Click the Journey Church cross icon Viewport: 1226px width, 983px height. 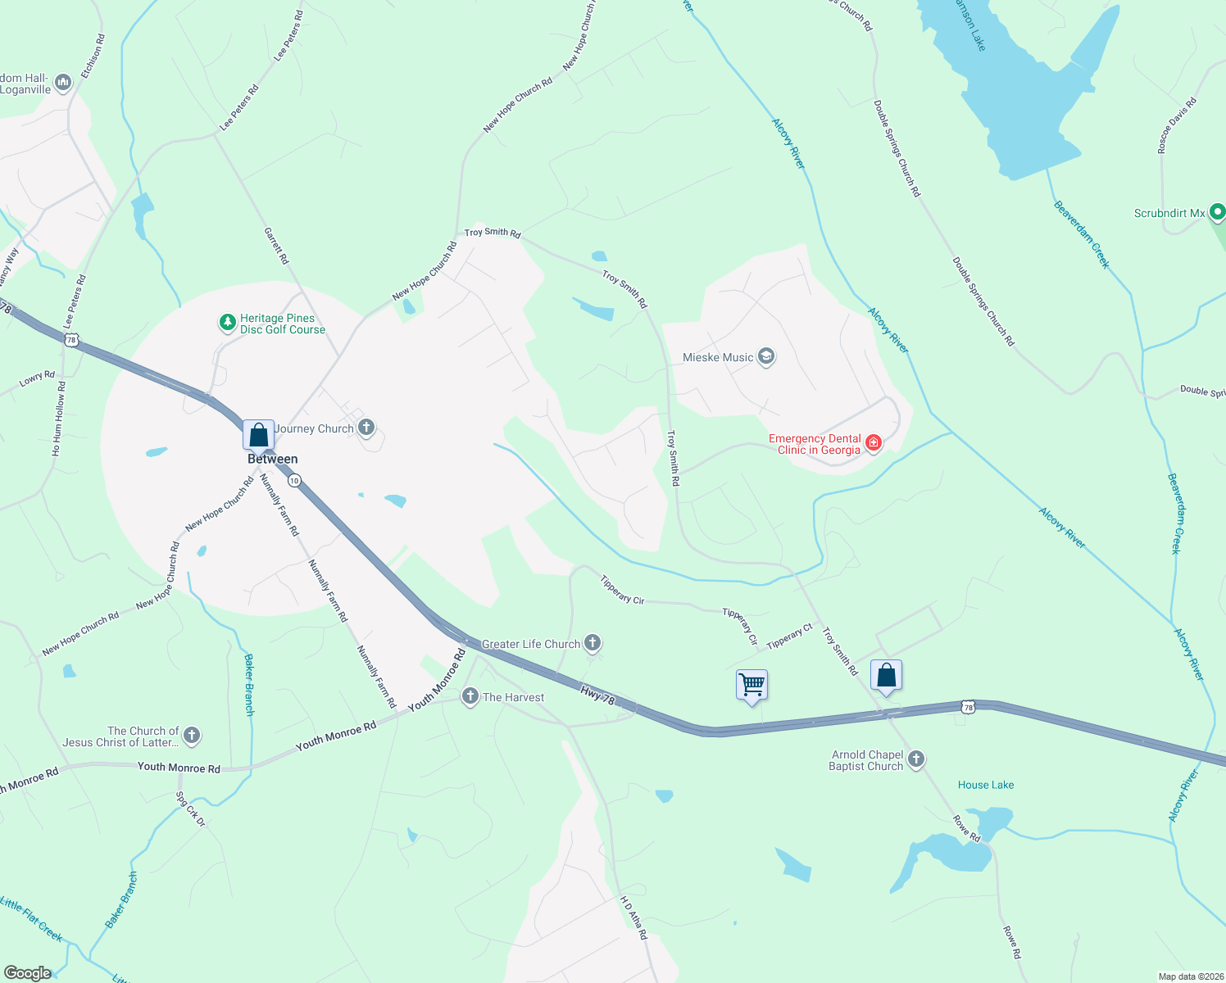point(366,428)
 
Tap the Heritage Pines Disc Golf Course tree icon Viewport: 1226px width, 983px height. point(228,324)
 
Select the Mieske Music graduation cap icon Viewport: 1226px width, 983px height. point(766,356)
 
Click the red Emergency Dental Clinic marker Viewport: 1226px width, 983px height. point(874,443)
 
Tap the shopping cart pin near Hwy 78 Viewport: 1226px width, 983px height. point(751,684)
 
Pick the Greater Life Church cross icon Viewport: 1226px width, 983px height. point(593,643)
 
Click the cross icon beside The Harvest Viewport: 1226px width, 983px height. point(470,696)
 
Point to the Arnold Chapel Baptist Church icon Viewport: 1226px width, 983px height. point(916,759)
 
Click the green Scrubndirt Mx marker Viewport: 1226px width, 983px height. point(1217,212)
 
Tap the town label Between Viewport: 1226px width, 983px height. point(273,459)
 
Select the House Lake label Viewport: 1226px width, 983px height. point(986,785)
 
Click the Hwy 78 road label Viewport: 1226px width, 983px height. point(597,696)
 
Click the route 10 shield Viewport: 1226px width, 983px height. point(294,480)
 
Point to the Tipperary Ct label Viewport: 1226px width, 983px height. point(789,637)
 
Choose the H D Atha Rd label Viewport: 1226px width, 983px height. point(633,917)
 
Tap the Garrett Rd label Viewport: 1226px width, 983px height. point(276,246)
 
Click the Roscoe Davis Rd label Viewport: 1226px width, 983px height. point(1177,125)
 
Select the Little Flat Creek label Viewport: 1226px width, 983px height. point(31,919)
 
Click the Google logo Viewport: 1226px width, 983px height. point(27,972)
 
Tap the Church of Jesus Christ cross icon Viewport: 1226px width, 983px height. point(191,736)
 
